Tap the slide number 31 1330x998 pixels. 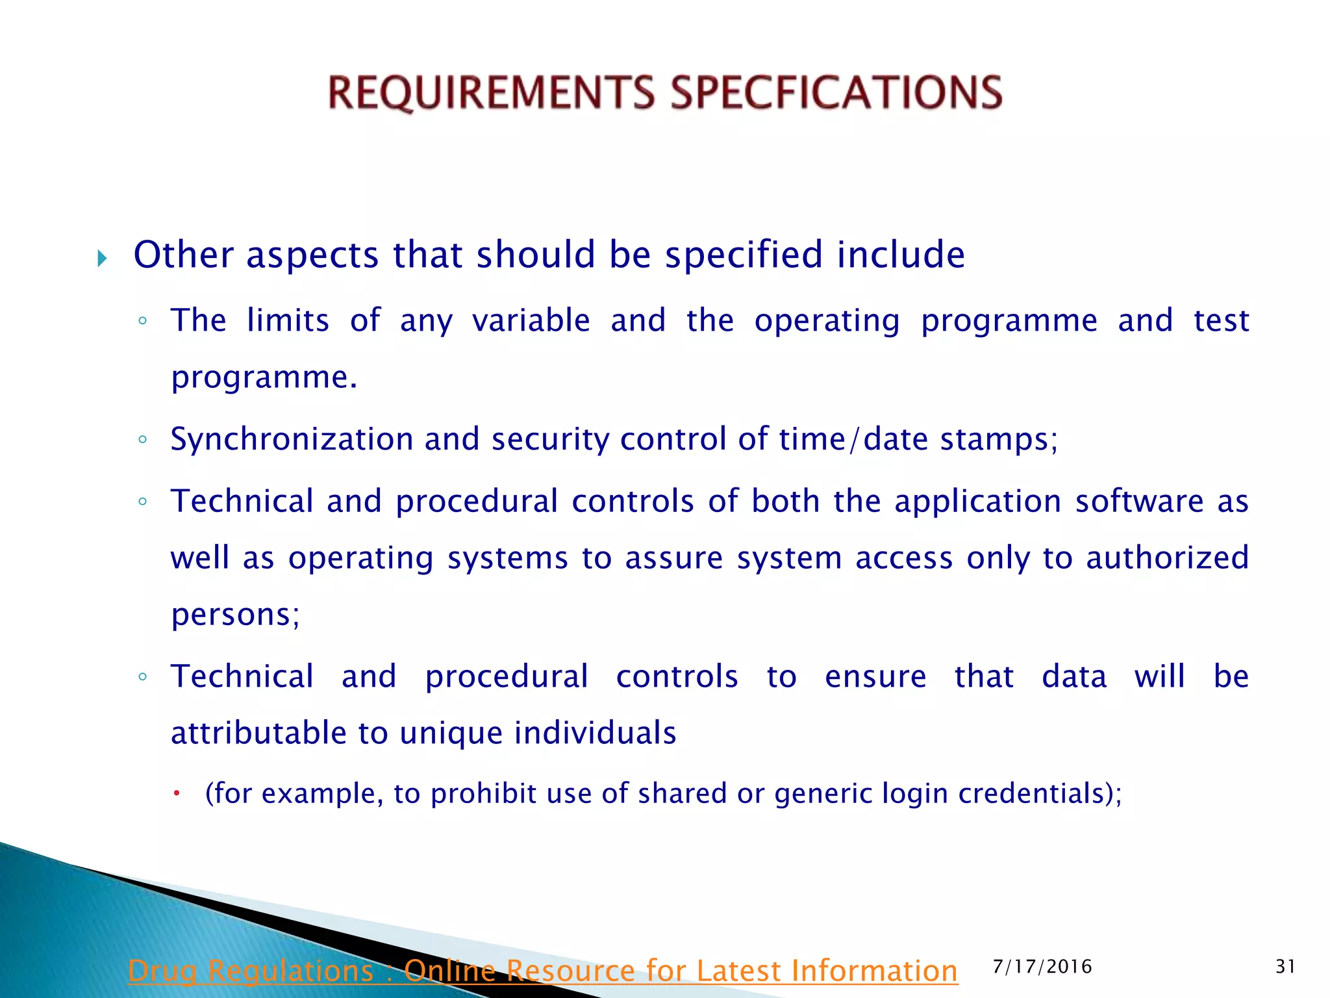(1285, 966)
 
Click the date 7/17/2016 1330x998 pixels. (1042, 966)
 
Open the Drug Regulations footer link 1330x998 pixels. (543, 971)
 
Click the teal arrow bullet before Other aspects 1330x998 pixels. (102, 259)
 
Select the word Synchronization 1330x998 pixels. (292, 439)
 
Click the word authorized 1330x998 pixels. (1168, 557)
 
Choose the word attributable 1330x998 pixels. (258, 733)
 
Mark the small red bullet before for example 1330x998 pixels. (176, 793)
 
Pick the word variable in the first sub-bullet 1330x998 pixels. (531, 320)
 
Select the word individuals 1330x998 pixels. (595, 733)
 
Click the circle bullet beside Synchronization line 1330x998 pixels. (143, 440)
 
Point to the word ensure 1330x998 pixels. (875, 676)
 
